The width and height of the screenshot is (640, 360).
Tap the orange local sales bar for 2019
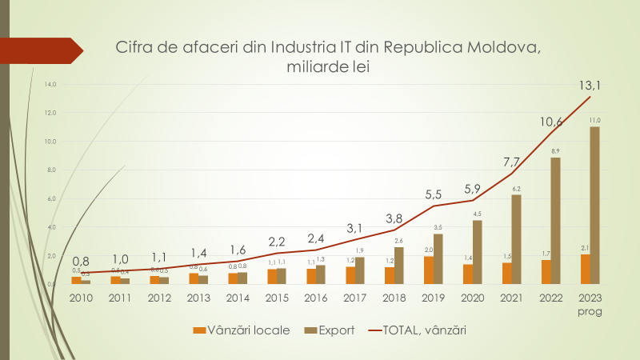pos(430,270)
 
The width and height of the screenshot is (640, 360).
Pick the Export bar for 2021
pos(516,239)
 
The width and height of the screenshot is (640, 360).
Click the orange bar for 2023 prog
pos(586,269)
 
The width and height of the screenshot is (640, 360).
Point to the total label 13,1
pos(590,85)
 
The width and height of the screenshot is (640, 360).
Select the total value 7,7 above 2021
pos(511,162)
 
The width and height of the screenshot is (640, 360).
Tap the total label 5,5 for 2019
pos(433,194)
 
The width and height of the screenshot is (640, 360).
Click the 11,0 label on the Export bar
pos(595,120)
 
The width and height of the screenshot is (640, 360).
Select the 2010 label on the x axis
pos(81,297)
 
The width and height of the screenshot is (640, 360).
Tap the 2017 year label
pos(354,297)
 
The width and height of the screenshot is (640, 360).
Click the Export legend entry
pos(330,329)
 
